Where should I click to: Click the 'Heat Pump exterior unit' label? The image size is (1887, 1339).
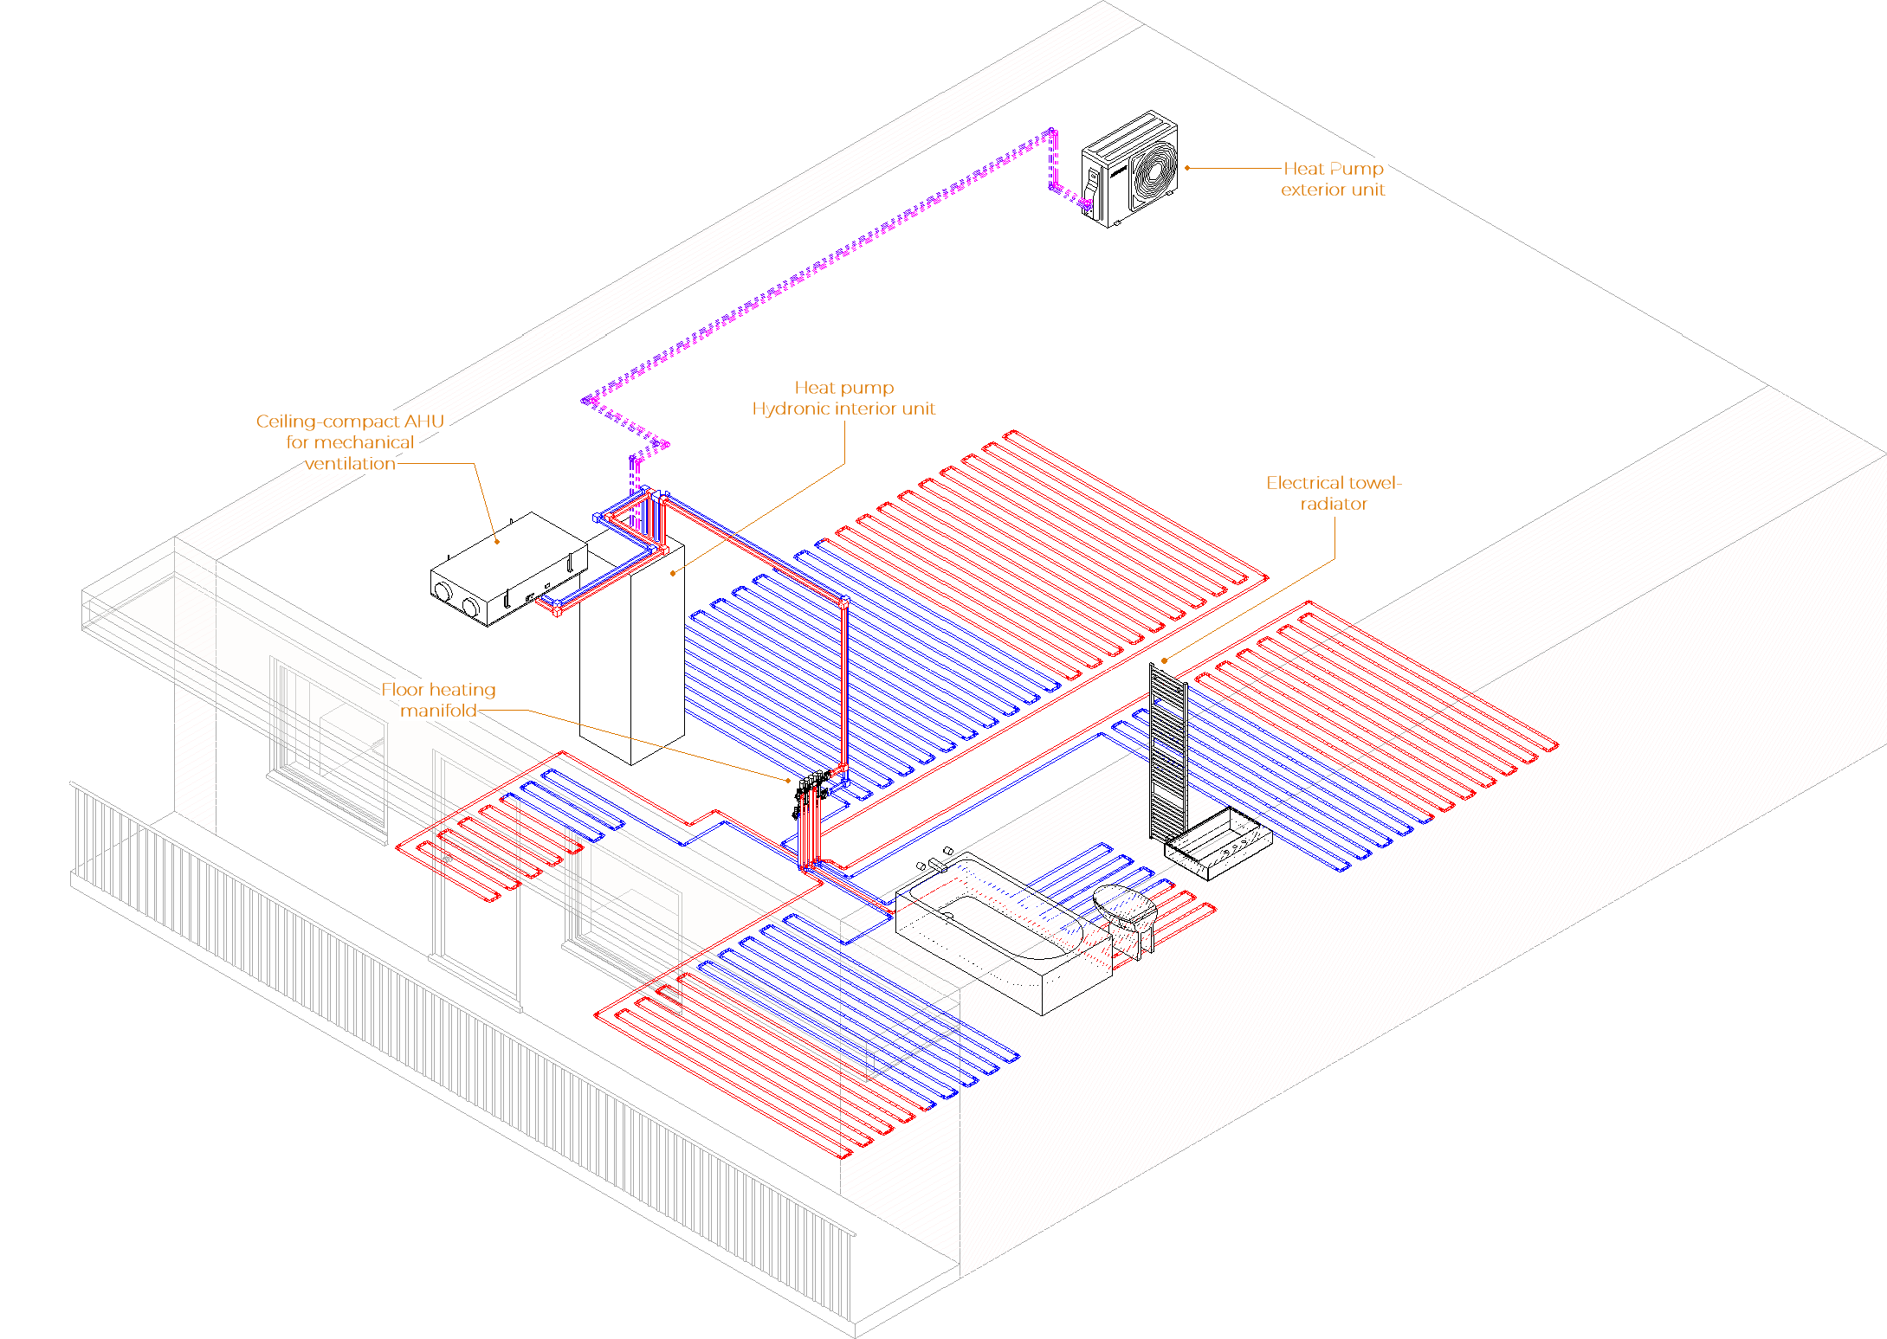click(x=1333, y=179)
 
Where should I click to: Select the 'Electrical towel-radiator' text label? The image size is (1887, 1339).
click(x=1333, y=492)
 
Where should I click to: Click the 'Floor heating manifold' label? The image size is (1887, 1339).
click(x=439, y=699)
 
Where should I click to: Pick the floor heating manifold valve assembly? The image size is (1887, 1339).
click(x=811, y=792)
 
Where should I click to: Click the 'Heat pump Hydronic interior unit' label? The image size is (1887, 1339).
click(x=843, y=398)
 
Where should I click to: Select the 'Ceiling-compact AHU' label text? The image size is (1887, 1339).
click(x=350, y=422)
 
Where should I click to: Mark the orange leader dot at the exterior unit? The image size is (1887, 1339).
click(x=1186, y=168)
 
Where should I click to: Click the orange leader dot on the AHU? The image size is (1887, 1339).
click(x=497, y=542)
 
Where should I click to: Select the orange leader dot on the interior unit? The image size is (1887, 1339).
click(x=673, y=573)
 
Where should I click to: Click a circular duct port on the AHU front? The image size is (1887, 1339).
click(x=443, y=592)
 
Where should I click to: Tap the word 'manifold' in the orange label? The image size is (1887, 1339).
click(x=438, y=711)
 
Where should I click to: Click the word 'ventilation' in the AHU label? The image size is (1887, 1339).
click(x=350, y=464)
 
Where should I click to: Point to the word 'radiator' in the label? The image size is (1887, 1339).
click(x=1333, y=504)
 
